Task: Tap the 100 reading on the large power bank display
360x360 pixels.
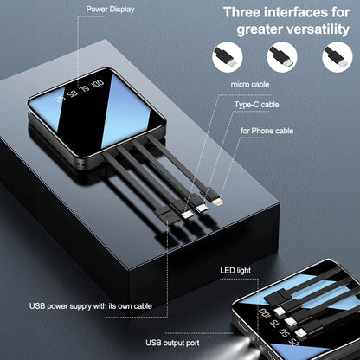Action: (96, 84)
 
